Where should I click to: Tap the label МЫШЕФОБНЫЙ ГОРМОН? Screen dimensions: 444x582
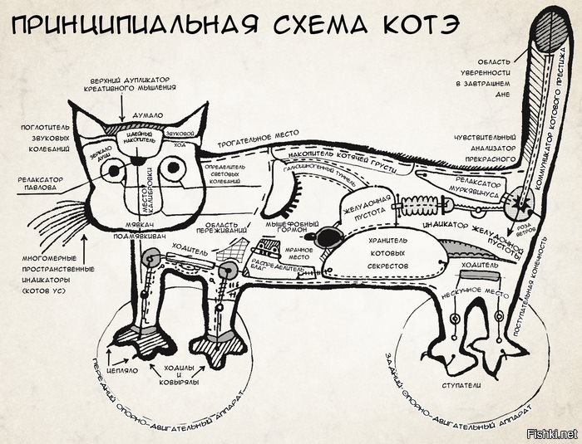[x=283, y=229]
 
